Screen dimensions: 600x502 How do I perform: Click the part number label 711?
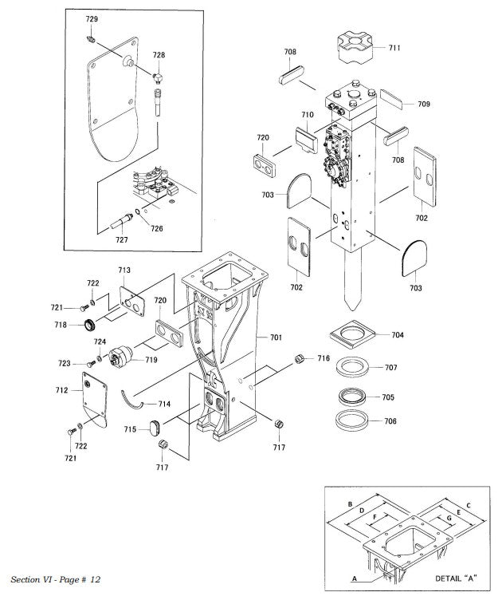click(394, 48)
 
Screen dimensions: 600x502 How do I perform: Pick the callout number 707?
click(390, 368)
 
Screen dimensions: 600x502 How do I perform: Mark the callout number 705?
click(388, 397)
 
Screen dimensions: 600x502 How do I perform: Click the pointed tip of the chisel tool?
click(350, 308)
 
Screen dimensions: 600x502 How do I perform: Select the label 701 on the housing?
click(276, 338)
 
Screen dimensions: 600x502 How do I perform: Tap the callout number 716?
click(323, 359)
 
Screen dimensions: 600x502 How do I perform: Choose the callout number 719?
click(151, 361)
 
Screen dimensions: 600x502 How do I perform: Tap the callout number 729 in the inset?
click(92, 18)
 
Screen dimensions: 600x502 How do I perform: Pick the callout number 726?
click(157, 229)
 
